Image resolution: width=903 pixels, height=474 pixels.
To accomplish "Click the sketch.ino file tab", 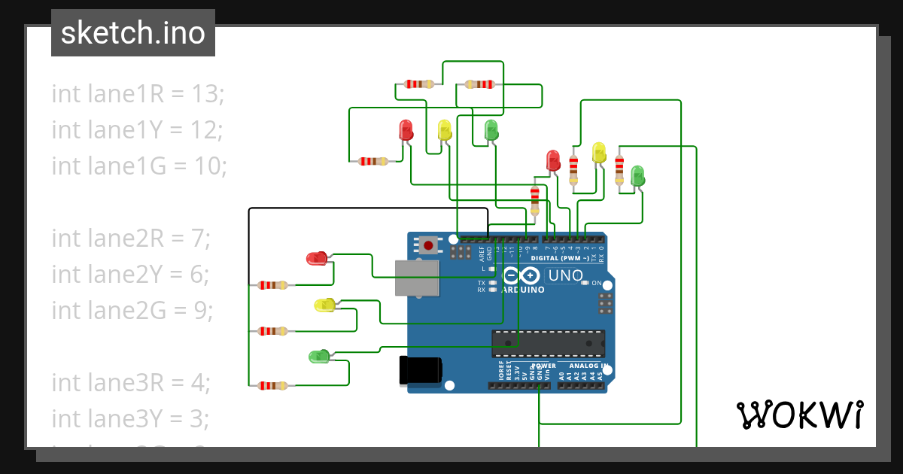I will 133,33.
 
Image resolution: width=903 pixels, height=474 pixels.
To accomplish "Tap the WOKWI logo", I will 799,415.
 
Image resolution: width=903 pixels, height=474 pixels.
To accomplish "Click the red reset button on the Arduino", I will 429,245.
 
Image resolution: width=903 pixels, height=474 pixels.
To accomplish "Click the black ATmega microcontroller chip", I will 548,343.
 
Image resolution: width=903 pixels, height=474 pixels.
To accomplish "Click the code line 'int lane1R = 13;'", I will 138,94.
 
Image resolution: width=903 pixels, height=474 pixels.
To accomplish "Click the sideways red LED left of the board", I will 317,259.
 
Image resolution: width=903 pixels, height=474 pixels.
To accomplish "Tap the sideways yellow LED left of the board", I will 324,305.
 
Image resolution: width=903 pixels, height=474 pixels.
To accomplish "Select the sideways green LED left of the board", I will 319,356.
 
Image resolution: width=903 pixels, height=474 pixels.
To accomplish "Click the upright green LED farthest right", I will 637,176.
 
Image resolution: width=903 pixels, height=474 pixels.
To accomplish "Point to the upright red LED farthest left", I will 406,129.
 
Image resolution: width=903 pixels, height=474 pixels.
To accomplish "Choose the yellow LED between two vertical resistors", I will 598,153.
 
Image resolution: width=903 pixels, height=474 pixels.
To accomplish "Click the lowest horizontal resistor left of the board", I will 272,385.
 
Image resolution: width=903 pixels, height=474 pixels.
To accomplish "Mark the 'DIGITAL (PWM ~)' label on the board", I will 560,258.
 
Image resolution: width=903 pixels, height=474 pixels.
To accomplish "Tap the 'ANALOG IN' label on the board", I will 586,365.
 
